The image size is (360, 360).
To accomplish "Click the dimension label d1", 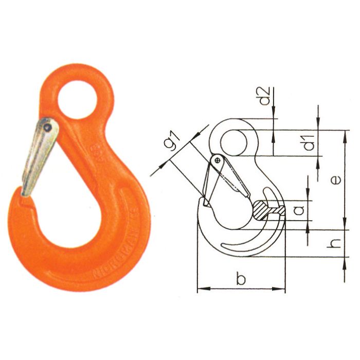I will tap(309, 142).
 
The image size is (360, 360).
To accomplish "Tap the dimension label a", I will tap(297, 210).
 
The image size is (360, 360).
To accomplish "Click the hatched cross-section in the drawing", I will tap(268, 210).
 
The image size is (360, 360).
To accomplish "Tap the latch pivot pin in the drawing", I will tap(219, 161).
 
